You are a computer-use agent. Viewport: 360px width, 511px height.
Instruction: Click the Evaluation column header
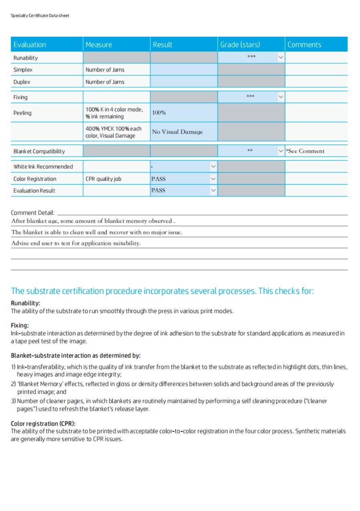click(x=30, y=44)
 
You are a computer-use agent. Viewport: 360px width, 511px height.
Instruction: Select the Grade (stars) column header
click(x=240, y=44)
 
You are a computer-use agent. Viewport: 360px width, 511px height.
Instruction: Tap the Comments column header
click(x=304, y=44)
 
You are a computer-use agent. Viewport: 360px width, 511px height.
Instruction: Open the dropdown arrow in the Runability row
click(x=281, y=58)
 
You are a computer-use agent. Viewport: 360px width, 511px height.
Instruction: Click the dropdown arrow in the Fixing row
click(x=281, y=97)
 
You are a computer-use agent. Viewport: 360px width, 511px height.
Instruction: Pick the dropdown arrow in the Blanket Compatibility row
click(x=281, y=151)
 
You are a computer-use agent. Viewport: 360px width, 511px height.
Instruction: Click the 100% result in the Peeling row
click(x=159, y=113)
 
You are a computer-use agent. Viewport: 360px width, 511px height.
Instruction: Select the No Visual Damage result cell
click(x=177, y=132)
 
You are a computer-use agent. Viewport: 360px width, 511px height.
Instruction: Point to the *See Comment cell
click(x=305, y=151)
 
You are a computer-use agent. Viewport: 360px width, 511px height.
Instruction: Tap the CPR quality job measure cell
click(x=103, y=179)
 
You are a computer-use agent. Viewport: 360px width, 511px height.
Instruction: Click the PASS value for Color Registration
click(x=158, y=179)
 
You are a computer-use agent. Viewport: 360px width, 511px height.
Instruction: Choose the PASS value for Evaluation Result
click(x=158, y=190)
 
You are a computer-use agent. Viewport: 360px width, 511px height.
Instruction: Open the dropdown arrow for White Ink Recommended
click(x=213, y=166)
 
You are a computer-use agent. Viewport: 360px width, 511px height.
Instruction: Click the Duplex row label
click(x=22, y=82)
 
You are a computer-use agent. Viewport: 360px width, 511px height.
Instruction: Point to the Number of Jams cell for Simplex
click(x=105, y=70)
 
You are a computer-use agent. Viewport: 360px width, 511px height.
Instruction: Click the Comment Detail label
click(x=33, y=213)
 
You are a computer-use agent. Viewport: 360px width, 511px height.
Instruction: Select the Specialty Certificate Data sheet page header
click(x=40, y=16)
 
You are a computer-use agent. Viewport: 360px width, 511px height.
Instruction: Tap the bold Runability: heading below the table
click(x=26, y=303)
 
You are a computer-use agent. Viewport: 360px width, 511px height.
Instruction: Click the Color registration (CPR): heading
click(x=43, y=423)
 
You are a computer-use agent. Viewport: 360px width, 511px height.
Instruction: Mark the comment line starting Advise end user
click(x=76, y=243)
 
